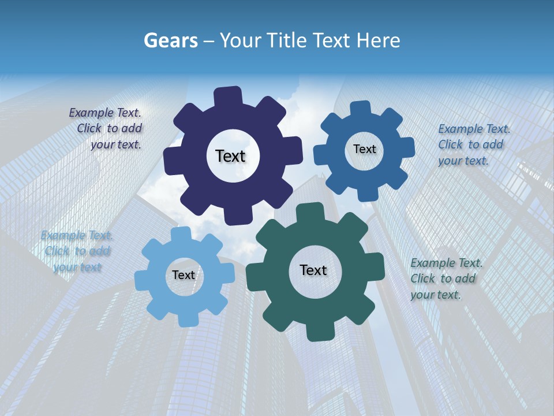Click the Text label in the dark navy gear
(x=230, y=156)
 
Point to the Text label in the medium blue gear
(x=364, y=149)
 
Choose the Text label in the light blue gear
(x=184, y=275)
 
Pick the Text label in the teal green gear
(x=313, y=270)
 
